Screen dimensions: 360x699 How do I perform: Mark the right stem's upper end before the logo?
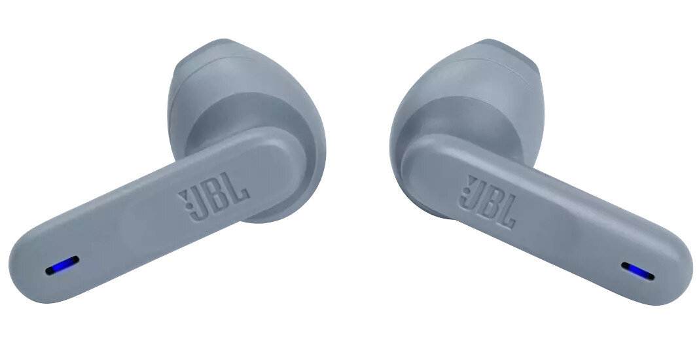pos(419,160)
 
